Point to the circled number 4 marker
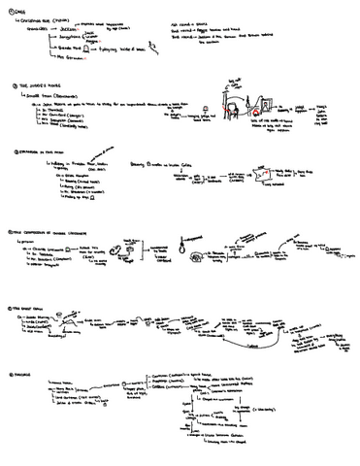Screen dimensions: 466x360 tap(8, 232)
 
